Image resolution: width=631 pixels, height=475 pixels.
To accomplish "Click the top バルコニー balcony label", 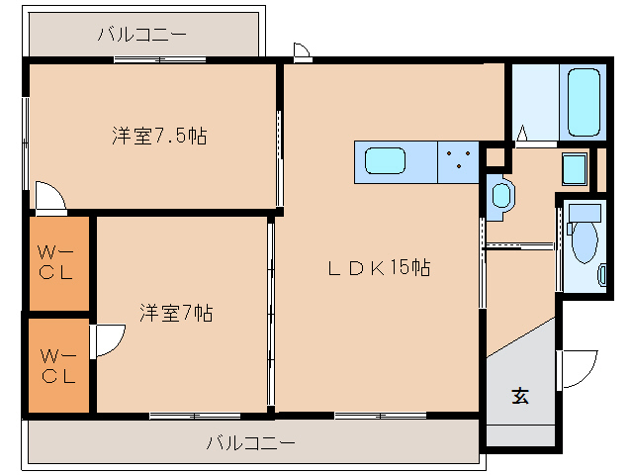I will pos(141,36).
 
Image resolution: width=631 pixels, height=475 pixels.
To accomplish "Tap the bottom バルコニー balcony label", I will pos(250,442).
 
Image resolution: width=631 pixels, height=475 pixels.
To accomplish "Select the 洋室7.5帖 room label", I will pos(158,137).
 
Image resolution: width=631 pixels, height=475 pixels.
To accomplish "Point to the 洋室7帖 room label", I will pos(176,314).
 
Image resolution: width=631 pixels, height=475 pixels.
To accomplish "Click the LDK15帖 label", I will pos(380,267).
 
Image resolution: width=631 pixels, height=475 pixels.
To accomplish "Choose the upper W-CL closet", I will pos(55,262).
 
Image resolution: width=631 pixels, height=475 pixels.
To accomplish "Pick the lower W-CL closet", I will pos(55,363).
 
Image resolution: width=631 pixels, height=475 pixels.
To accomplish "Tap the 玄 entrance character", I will pos(519,396).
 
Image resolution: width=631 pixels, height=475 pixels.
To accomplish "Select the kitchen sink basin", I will pos(386,160).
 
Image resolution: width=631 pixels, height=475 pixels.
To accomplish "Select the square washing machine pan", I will pos(574,168).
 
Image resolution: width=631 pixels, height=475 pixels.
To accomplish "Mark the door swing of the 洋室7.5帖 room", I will pos(49,196).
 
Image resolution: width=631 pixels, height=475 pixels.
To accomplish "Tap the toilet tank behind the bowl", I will pos(586,213).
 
